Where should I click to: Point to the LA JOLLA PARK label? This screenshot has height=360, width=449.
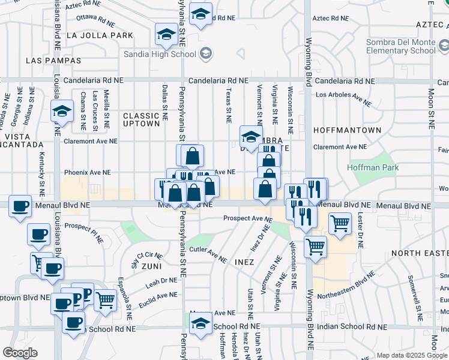point(100,35)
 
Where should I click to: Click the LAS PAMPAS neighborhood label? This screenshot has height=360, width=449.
point(53,61)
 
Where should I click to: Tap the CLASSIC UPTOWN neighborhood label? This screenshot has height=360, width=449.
point(142,119)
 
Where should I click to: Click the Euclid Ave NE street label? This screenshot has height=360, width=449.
point(157,296)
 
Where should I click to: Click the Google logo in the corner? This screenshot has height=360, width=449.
point(20,353)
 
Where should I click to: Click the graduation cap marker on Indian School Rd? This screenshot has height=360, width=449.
point(200,323)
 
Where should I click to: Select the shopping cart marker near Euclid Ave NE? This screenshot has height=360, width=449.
point(105,299)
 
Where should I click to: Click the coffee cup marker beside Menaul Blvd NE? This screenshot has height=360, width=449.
point(20,206)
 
